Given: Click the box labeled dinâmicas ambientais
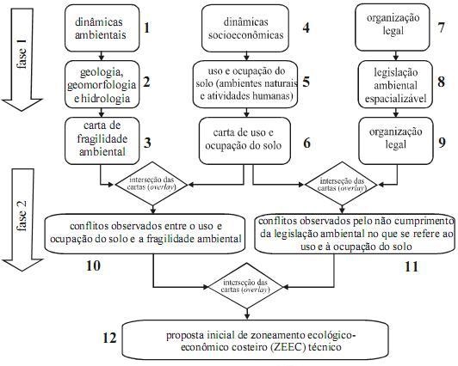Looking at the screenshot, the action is click(x=102, y=28).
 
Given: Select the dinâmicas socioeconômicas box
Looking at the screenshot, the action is click(x=245, y=28).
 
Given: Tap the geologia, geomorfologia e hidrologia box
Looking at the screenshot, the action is click(x=102, y=84).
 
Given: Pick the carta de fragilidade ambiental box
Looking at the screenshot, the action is click(x=102, y=141).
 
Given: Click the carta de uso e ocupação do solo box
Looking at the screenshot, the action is click(x=244, y=141).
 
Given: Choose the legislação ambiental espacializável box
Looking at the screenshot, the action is click(x=395, y=84).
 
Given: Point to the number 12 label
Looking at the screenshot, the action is click(x=109, y=338).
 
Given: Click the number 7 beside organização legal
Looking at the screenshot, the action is click(x=441, y=27).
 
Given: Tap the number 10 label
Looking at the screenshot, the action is click(x=93, y=265).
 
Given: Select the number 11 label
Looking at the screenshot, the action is click(x=412, y=266).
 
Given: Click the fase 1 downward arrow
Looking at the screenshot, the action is click(x=22, y=59).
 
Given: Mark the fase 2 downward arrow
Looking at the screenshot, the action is click(x=22, y=220).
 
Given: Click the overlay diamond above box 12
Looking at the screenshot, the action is click(x=245, y=286).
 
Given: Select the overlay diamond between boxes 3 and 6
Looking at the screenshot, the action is click(x=152, y=184).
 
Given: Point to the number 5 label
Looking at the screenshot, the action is click(x=306, y=82).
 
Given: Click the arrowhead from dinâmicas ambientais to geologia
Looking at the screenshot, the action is click(x=102, y=57).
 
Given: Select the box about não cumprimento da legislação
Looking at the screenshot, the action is click(x=355, y=234).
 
